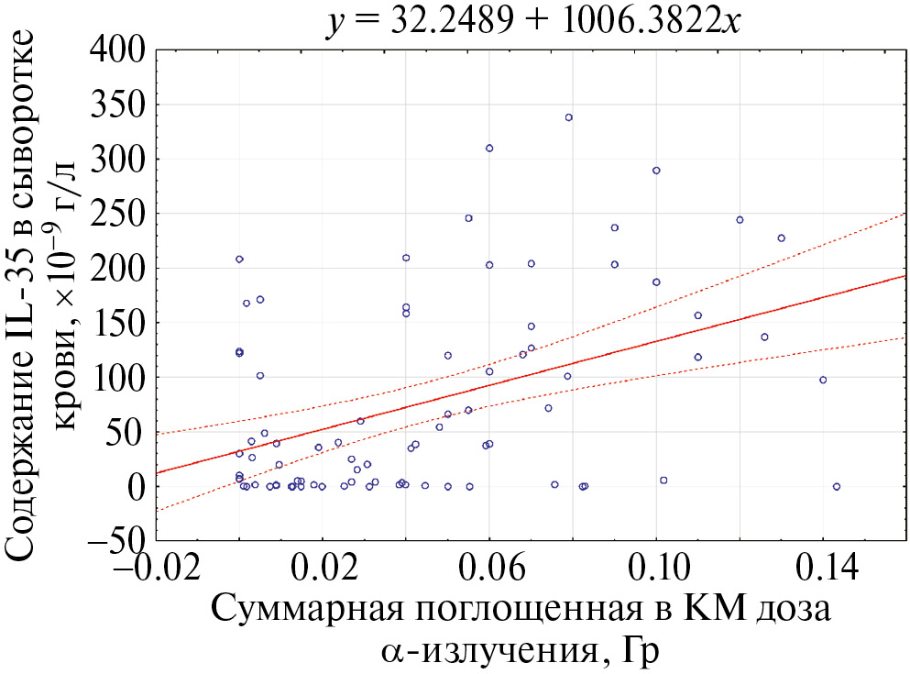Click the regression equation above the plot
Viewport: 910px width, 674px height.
coord(533,20)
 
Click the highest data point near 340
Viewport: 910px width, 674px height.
coord(568,117)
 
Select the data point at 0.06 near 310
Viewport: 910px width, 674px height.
coord(489,148)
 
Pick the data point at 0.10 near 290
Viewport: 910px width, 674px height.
coord(656,171)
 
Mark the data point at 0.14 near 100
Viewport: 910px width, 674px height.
coord(823,380)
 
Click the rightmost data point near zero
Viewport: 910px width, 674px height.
coord(837,487)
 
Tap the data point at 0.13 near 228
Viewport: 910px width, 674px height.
coord(782,238)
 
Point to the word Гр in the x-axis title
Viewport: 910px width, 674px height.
coord(639,651)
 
